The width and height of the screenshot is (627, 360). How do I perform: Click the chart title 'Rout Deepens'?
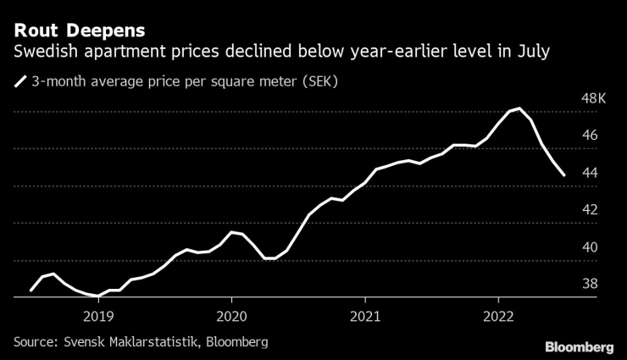click(x=79, y=30)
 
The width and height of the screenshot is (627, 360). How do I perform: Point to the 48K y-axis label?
click(x=595, y=98)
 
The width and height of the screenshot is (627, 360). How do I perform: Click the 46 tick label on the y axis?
click(x=590, y=136)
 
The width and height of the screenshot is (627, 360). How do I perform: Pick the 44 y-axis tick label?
click(x=590, y=173)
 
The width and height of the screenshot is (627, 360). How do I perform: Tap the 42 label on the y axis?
click(x=590, y=210)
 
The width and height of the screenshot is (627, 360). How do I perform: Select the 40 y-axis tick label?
click(x=590, y=247)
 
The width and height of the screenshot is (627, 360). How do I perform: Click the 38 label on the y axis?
click(x=590, y=285)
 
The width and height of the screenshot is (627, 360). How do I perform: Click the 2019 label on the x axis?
click(x=98, y=314)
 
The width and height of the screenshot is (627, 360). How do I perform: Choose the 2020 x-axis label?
click(x=231, y=314)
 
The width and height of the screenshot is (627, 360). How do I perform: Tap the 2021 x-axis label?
click(x=365, y=314)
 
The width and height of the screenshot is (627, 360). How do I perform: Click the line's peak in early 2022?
click(x=519, y=108)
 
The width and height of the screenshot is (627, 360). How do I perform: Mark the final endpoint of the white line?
click(x=564, y=175)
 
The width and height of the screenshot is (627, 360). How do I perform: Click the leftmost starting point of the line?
click(x=31, y=291)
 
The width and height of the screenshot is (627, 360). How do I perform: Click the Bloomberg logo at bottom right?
click(x=579, y=347)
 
